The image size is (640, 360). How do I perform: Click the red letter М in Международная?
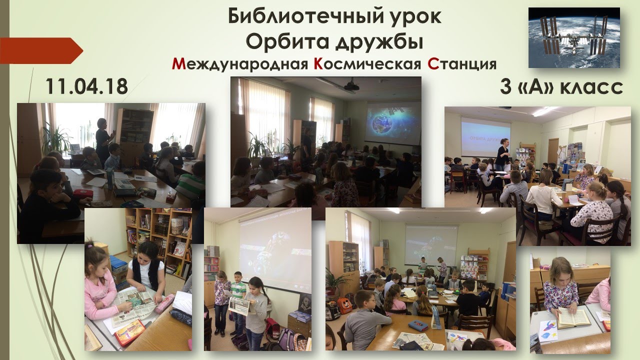[178, 64]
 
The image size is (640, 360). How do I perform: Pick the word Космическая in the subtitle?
[367, 64]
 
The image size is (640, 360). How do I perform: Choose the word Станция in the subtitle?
[462, 65]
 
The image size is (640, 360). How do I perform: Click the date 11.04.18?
[86, 86]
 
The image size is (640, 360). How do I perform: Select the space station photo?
[574, 37]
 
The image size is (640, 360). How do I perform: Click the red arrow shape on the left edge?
[41, 50]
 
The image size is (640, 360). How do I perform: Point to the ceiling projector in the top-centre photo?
[351, 86]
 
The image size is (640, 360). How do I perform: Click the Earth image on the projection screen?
[384, 123]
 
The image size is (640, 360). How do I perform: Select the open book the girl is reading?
[573, 317]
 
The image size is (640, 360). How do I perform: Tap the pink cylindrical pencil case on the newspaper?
[164, 303]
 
